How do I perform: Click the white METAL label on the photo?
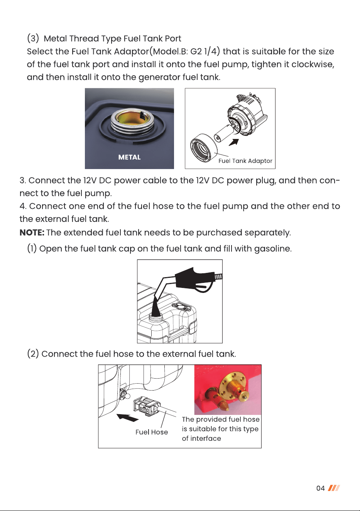tap(129, 157)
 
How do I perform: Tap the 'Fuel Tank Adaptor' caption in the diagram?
tap(245, 161)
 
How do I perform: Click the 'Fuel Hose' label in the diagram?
tap(152, 432)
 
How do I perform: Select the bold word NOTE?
tap(32, 232)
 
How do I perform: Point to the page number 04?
tap(320, 488)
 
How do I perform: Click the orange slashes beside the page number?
tap(334, 488)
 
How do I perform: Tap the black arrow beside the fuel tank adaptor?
tap(234, 142)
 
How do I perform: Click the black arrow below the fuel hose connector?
tap(127, 417)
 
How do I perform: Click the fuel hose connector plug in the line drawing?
tap(145, 406)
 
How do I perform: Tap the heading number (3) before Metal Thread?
tap(33, 38)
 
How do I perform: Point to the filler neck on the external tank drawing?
tap(155, 316)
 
